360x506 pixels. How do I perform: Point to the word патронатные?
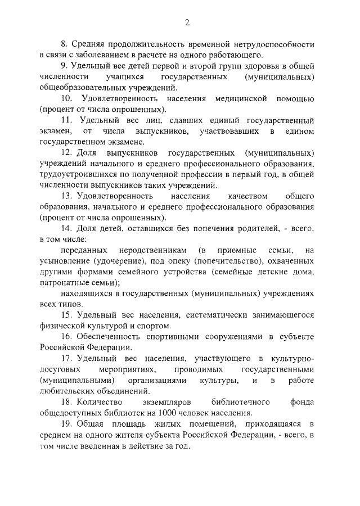click(65, 283)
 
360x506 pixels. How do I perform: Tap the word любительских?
click(70, 391)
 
